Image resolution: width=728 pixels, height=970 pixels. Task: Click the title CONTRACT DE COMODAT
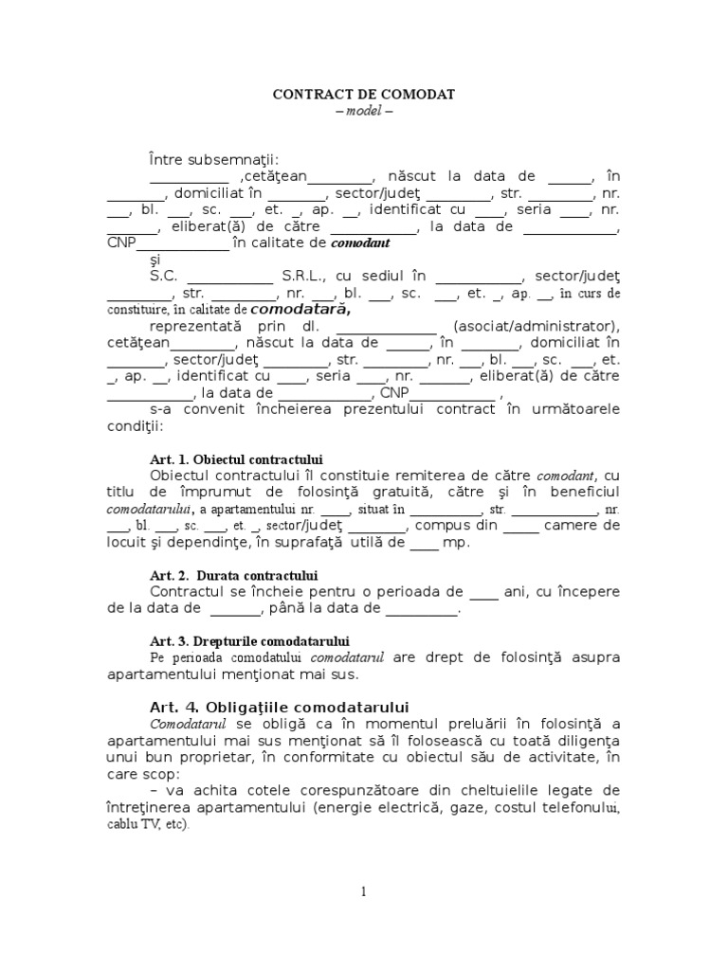[364, 95]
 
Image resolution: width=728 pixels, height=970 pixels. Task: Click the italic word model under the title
[364, 111]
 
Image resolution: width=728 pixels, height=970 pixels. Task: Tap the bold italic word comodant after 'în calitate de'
[360, 243]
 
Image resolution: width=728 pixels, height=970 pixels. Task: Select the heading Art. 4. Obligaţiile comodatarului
[279, 707]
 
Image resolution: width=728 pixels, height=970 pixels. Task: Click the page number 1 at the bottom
[363, 891]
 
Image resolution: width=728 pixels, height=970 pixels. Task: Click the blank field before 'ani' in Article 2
[483, 592]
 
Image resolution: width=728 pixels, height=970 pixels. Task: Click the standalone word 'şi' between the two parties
[155, 259]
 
